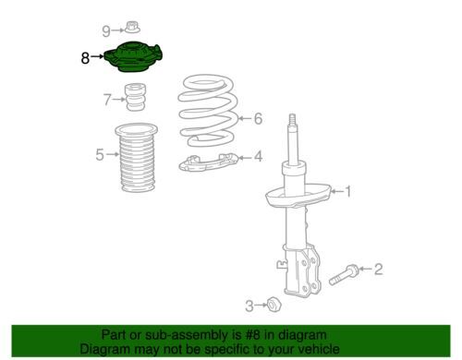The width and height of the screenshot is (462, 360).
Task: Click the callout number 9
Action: tap(105, 30)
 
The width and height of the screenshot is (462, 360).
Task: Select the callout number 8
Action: tap(85, 57)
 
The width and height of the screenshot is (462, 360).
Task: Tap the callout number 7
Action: tap(106, 98)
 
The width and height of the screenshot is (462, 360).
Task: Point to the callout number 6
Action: tap(258, 118)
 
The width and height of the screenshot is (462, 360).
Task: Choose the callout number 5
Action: tap(100, 154)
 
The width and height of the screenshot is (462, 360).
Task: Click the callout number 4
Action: tap(258, 157)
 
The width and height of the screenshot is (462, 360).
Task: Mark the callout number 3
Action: tap(249, 306)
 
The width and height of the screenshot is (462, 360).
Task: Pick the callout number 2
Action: tap(377, 269)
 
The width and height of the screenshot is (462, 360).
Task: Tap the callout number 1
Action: tap(347, 192)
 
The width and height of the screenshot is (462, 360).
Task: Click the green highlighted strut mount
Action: tap(135, 61)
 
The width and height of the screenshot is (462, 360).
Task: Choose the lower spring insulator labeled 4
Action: tap(212, 164)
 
